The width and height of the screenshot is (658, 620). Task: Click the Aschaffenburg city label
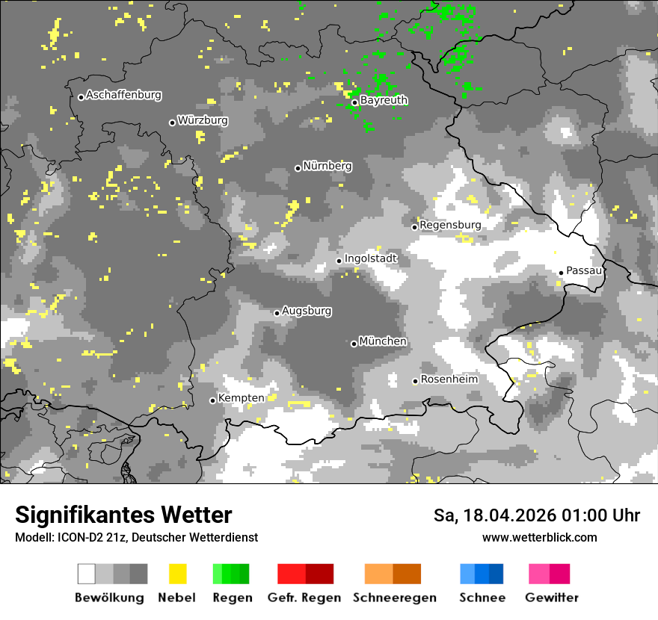point(123,95)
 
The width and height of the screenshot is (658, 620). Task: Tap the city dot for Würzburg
point(172,123)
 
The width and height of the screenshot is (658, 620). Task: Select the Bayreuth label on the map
point(384,100)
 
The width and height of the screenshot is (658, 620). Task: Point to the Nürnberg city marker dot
point(298,168)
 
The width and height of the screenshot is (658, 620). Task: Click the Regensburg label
point(450,225)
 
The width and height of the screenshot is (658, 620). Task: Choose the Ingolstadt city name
point(371,258)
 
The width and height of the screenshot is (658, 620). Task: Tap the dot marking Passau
point(561,273)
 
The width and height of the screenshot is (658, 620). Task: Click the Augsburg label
point(307,311)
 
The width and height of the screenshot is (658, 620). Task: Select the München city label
point(383,341)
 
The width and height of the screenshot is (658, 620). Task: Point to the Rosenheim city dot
point(415,381)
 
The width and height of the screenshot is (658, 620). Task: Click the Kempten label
point(241,398)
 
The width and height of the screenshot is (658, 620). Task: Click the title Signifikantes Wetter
point(123,515)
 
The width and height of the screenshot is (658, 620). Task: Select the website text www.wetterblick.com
point(540,537)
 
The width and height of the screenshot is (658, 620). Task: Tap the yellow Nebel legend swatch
point(177,574)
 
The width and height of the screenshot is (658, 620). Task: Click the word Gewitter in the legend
point(552,598)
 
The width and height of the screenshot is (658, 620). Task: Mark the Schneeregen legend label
point(395,598)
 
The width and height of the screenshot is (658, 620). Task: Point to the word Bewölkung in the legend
point(109,598)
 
